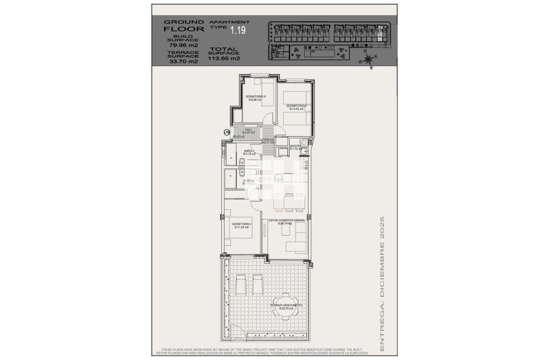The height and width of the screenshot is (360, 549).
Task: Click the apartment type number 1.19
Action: (238, 31)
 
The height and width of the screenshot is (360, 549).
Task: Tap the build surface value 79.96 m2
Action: (184, 45)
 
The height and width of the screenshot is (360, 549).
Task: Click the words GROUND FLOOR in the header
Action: (184, 25)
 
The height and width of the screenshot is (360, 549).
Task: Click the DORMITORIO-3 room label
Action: (254, 96)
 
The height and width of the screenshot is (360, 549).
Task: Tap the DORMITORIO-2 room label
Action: (295, 105)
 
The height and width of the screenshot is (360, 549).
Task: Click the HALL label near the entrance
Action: (249, 130)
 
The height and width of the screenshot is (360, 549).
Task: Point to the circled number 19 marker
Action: (227, 132)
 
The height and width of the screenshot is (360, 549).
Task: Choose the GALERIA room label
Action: (295, 146)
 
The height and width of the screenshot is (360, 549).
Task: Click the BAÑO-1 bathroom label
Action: (249, 151)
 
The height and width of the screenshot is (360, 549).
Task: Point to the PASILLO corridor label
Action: (268, 140)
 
